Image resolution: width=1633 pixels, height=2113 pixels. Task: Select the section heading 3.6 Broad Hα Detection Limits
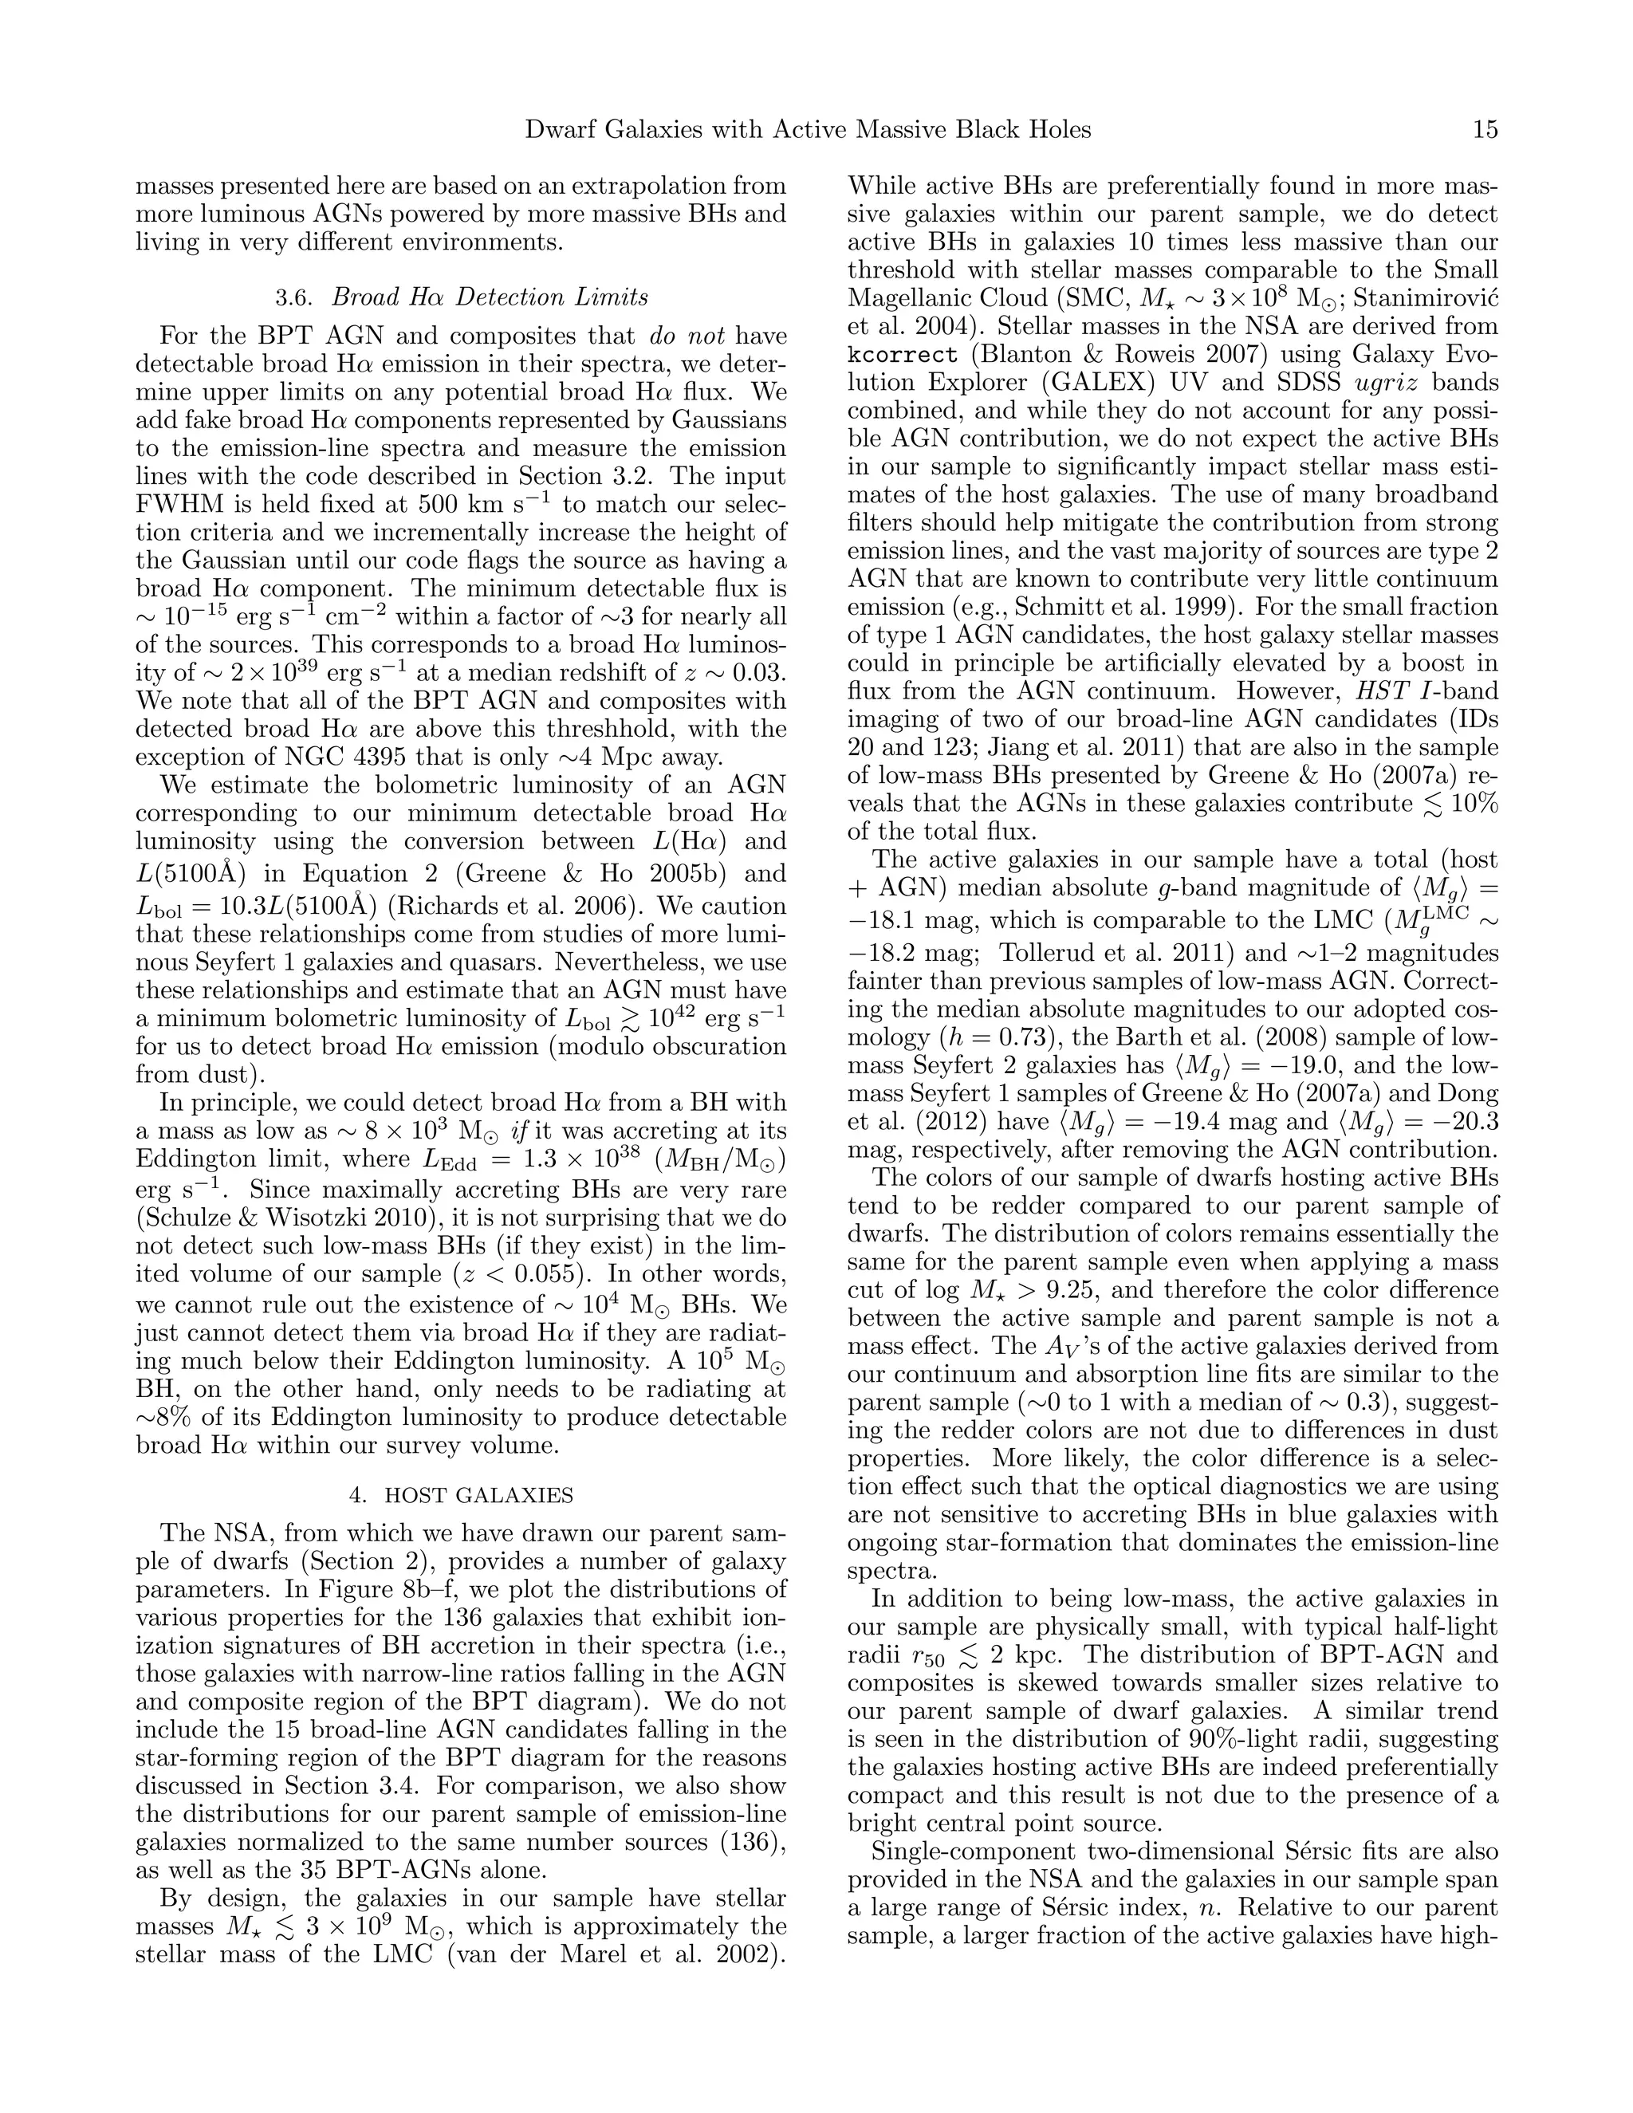[x=461, y=297]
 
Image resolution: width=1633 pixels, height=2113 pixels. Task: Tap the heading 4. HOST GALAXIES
[x=461, y=1495]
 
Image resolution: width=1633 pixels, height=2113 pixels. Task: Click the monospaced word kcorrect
[x=903, y=354]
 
